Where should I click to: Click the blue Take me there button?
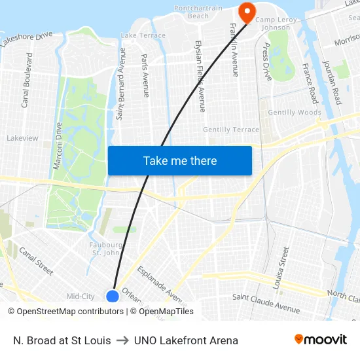pos(179,160)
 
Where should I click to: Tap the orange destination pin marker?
pos(247,12)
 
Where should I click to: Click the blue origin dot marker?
pos(113,296)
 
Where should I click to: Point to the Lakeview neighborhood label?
pos(22,138)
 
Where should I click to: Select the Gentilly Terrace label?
pos(231,130)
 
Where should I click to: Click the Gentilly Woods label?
pos(295,113)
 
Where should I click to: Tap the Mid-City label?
pos(81,297)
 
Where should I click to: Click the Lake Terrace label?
pos(143,35)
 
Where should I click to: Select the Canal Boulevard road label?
pos(27,80)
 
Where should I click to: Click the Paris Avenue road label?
pos(145,75)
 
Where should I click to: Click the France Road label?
pos(309,84)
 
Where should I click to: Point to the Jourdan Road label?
pos(333,82)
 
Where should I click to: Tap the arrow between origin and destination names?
pos(122,340)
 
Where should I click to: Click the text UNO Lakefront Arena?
pos(186,340)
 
